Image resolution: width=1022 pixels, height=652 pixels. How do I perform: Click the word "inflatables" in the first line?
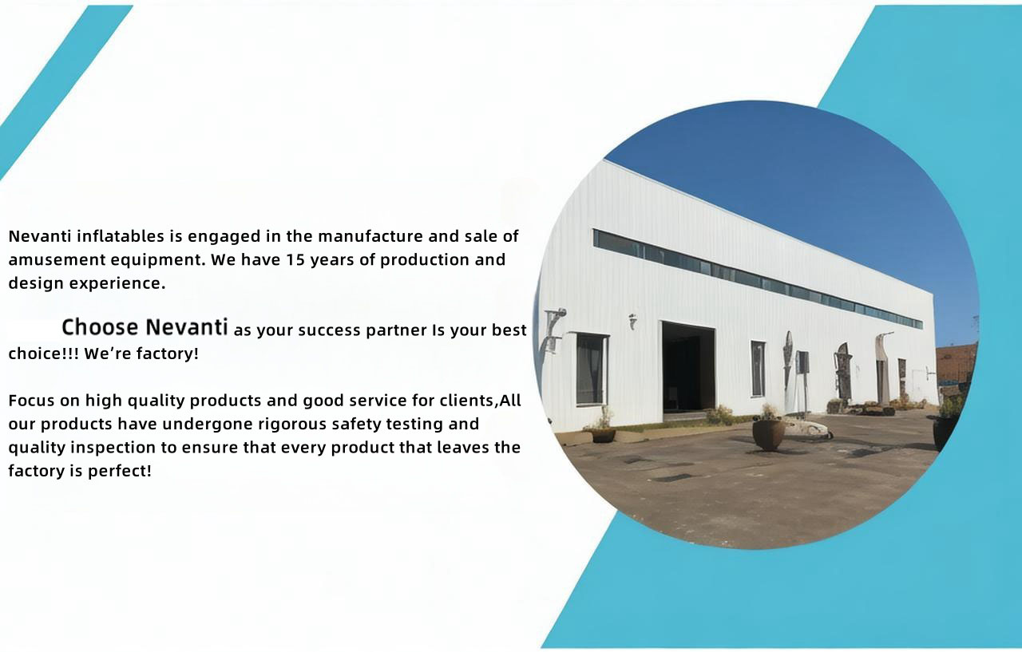click(x=121, y=236)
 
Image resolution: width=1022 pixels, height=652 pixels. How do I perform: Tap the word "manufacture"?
click(x=370, y=236)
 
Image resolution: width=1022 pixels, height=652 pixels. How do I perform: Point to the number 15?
click(x=295, y=260)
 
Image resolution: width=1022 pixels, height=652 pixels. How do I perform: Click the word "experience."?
click(x=117, y=283)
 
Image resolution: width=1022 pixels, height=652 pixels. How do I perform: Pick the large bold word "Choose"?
click(x=100, y=327)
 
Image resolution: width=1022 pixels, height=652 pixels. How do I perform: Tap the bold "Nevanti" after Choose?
click(x=187, y=327)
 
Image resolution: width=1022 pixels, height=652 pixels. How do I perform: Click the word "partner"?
click(x=397, y=331)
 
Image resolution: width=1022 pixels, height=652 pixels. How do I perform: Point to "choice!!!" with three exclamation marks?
click(x=44, y=354)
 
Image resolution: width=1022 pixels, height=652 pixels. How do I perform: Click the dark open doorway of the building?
click(x=688, y=367)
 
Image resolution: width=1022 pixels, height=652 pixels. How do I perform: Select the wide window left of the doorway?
click(x=592, y=369)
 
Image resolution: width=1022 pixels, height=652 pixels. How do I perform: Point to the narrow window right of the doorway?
click(x=758, y=369)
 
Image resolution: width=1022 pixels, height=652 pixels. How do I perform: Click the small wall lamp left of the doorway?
click(x=632, y=321)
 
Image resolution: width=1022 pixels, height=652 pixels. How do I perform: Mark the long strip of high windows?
click(x=758, y=279)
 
